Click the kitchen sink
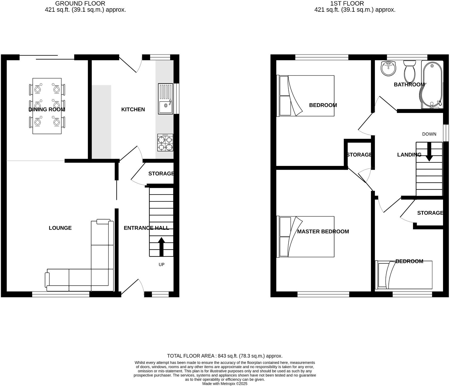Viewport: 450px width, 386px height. click(x=166, y=99)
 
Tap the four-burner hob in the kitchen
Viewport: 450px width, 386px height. click(x=165, y=143)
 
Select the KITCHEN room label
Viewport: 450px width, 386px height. click(x=133, y=109)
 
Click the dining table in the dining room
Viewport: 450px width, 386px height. click(x=47, y=106)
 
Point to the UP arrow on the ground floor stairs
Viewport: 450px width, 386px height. click(x=161, y=246)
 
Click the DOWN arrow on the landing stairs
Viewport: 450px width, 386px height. click(x=429, y=152)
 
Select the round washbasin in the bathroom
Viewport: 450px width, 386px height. click(x=388, y=68)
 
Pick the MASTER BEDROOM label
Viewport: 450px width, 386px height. click(x=323, y=231)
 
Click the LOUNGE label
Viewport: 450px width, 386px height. click(x=60, y=228)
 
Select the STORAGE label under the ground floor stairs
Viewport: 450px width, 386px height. click(x=161, y=174)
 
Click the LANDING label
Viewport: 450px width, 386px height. click(x=409, y=155)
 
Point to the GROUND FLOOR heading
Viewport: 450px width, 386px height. click(x=80, y=3)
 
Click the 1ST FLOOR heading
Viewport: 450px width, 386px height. click(x=347, y=3)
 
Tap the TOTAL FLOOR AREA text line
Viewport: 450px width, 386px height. click(x=225, y=356)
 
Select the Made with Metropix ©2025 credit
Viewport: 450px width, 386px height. click(x=225, y=384)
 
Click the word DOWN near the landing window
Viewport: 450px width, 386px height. click(x=429, y=134)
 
